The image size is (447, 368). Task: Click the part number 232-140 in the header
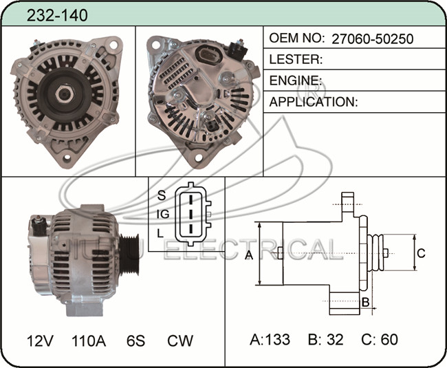57,15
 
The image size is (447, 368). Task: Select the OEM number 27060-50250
372,39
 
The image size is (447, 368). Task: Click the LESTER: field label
296,59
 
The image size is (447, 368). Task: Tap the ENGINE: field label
296,80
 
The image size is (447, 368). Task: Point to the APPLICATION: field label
314,102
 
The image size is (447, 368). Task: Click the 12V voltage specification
40,340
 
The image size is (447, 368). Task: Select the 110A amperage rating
89,340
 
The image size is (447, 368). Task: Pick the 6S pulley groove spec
135,340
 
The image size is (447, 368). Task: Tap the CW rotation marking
180,340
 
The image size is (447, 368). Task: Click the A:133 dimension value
270,340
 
